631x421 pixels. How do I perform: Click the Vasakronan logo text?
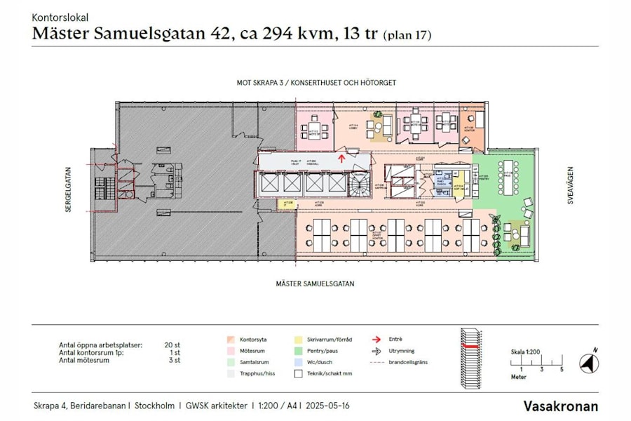click(x=561, y=406)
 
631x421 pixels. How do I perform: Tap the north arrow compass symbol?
click(x=589, y=363)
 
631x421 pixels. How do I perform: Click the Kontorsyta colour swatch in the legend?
click(x=231, y=339)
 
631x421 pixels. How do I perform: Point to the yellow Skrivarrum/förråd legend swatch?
click(x=299, y=339)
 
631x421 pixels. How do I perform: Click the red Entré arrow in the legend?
click(x=375, y=339)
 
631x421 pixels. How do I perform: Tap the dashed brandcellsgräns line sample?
click(x=376, y=362)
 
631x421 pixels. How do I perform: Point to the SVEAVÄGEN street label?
click(x=570, y=186)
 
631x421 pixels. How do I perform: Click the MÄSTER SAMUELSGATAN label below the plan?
click(x=315, y=284)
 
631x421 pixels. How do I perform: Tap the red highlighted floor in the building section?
click(x=469, y=347)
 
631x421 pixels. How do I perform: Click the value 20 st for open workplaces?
click(x=172, y=345)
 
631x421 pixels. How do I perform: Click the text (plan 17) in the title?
click(x=407, y=34)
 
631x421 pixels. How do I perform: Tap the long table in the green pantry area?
click(x=508, y=177)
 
